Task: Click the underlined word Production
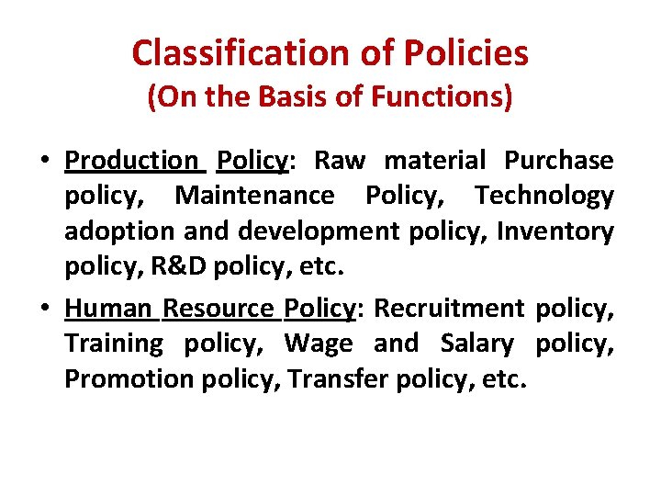[130, 161]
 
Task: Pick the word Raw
[340, 161]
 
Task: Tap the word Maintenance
[254, 196]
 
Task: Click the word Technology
[544, 196]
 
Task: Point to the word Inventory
[555, 231]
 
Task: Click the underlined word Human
[107, 309]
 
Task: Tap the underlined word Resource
[218, 309]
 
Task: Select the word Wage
[319, 344]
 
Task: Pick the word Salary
[477, 344]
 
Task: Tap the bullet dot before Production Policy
[44, 162]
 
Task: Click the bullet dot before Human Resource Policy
[44, 310]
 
